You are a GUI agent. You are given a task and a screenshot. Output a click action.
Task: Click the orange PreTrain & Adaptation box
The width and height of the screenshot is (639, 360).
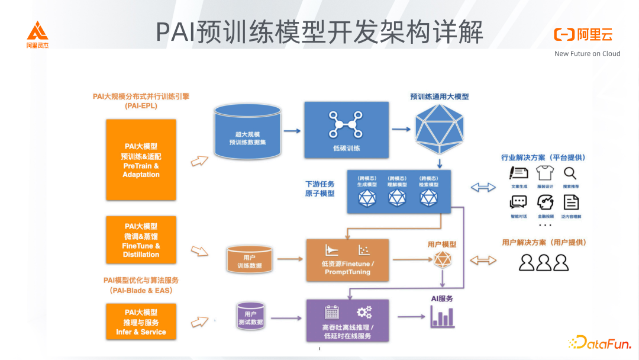141,160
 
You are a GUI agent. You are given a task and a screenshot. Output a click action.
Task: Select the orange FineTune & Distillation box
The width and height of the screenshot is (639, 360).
141,240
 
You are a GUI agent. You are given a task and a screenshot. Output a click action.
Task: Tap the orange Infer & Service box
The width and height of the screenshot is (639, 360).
141,322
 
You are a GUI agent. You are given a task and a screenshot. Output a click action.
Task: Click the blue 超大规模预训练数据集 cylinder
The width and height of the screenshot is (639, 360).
247,131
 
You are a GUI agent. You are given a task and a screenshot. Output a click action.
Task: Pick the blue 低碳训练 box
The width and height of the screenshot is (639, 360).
346,130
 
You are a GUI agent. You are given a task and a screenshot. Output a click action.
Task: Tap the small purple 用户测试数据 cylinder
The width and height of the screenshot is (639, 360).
250,317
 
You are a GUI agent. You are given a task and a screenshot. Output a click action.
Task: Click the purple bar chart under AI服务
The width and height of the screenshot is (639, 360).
442,317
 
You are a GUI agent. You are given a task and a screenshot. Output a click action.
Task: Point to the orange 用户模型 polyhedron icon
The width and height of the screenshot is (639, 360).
441,259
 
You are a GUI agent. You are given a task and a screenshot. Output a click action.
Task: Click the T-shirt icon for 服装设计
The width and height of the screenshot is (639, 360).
544,173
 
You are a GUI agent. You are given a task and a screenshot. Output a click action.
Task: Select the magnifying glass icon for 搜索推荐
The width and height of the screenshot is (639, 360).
570,173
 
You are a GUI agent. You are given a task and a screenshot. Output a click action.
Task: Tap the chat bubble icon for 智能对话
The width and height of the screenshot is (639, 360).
518,202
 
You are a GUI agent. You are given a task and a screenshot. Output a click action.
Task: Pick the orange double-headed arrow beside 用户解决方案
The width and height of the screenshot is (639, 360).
483,261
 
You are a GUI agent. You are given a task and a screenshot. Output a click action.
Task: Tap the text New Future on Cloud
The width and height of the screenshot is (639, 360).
587,53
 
